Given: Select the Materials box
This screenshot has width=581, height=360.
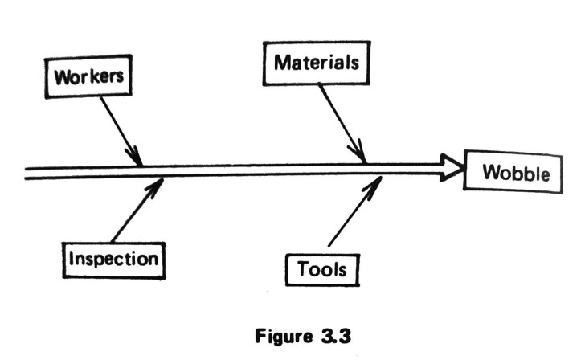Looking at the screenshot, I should point(316,62).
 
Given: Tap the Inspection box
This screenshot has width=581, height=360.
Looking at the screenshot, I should point(113,260).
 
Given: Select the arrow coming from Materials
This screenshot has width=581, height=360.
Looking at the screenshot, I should point(342,121).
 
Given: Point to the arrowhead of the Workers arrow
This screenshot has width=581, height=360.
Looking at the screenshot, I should point(137,158).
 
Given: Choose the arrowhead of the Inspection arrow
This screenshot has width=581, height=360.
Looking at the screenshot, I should point(157,183).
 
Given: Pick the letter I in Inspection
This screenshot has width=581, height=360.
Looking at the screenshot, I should point(72,260).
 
